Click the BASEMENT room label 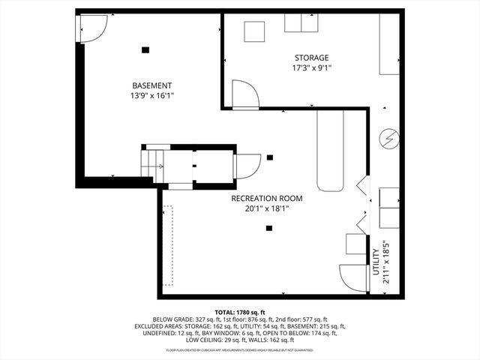click(151, 85)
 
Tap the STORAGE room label click(310, 58)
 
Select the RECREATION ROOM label click(266, 199)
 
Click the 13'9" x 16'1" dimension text click(151, 96)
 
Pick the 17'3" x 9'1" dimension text click(310, 68)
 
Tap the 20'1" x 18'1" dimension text click(266, 209)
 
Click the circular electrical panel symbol click(389, 138)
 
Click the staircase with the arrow click(154, 163)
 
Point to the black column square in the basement click(145, 49)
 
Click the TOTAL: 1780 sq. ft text click(240, 312)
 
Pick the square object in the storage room click(255, 31)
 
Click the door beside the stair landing click(247, 166)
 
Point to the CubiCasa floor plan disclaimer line click(240, 349)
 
